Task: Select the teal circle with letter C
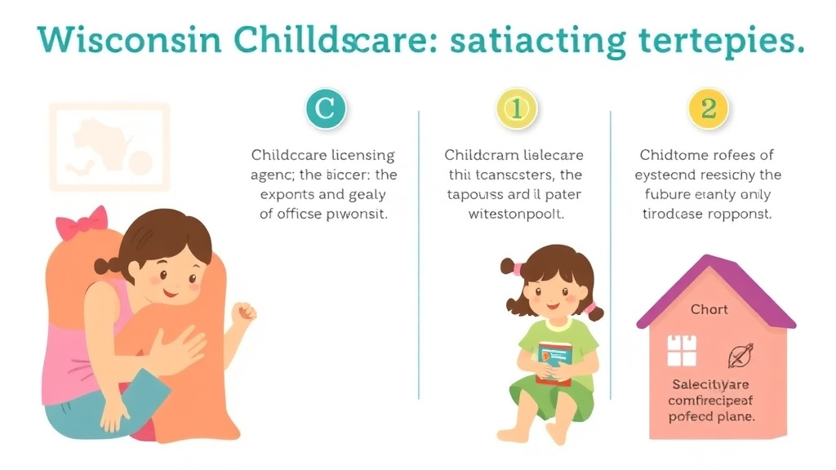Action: [325, 110]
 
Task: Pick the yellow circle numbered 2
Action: [709, 110]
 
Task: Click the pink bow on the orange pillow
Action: [82, 222]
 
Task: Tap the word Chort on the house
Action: [709, 310]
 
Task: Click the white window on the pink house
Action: [682, 351]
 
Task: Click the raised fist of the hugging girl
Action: [242, 312]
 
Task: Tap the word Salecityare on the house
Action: [709, 384]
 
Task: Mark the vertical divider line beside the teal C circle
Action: [419, 253]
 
